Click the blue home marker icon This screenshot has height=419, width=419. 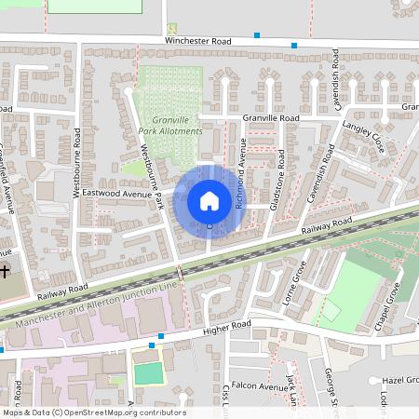pos(209,201)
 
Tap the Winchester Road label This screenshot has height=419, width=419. pos(197,42)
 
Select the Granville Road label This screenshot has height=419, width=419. pos(270,119)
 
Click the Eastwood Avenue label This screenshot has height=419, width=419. pos(116,194)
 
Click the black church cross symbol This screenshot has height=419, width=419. pos(6,272)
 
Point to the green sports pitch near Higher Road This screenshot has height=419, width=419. pos(147,373)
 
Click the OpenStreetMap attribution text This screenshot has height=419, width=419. pos(93,412)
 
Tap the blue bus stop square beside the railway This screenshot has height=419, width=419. pos(178,272)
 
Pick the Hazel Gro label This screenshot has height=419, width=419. pos(400,381)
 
